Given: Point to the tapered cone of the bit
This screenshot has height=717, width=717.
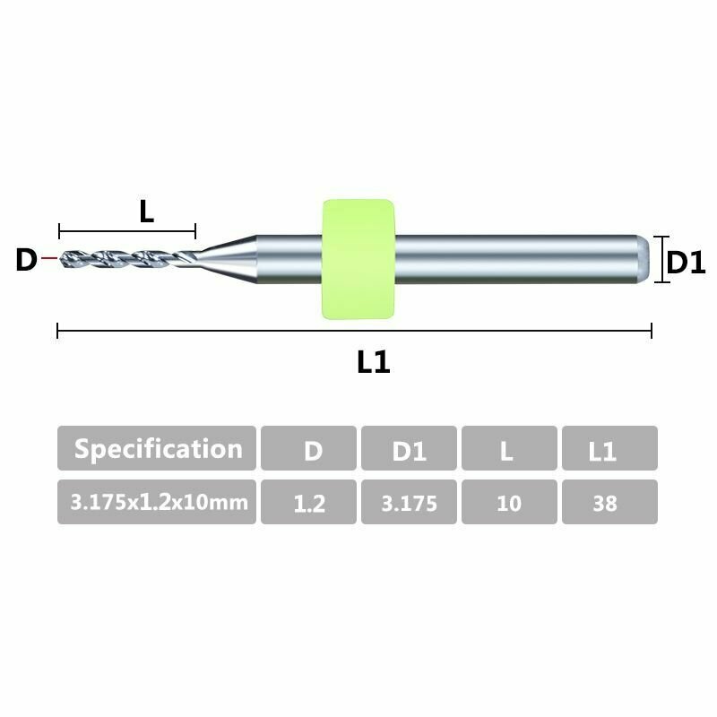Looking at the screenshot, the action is pos(229,258).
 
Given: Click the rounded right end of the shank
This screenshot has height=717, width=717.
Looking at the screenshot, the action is pos(644,259).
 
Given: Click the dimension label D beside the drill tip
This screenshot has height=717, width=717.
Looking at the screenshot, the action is pos(26,261).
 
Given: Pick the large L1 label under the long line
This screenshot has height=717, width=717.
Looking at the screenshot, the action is pos(374,363).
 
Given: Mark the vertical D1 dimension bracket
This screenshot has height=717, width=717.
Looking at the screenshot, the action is pos(661,259).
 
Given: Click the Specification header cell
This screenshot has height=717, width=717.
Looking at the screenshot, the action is pos(157,448).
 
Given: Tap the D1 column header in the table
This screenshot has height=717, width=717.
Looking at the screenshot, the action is pos(409,449).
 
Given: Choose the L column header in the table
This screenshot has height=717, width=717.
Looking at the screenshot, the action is pos(508,449).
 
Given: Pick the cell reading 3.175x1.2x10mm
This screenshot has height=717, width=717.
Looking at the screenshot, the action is pos(157,502).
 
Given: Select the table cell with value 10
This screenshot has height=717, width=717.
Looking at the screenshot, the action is pos(508,503).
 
